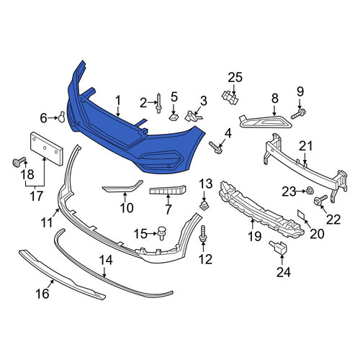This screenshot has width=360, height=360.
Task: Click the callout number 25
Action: tap(235, 78)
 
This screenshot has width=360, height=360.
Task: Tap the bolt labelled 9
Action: tap(298, 114)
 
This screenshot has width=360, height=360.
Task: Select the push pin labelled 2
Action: tap(158, 103)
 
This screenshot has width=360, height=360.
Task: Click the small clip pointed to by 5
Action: tap(174, 117)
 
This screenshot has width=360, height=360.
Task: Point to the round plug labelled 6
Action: tap(62, 117)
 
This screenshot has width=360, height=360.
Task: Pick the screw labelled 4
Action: tap(215, 148)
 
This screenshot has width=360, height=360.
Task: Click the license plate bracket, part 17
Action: tap(47, 149)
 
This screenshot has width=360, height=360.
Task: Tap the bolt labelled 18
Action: tap(19, 162)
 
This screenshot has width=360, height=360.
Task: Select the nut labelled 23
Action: tap(310, 191)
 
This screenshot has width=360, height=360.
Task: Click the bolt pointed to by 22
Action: tap(320, 200)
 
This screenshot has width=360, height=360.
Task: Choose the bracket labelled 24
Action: tap(279, 247)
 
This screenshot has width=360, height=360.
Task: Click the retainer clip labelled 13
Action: tap(204, 205)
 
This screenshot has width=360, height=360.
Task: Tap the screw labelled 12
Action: tap(203, 233)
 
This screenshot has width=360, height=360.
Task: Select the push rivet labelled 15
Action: tap(163, 233)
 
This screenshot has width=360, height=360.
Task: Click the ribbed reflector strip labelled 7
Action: tap(168, 190)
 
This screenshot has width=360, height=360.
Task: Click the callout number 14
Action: tap(106, 260)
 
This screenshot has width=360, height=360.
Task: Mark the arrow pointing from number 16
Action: tap(50, 285)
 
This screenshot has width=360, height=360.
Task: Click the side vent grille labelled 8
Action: tap(265, 122)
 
